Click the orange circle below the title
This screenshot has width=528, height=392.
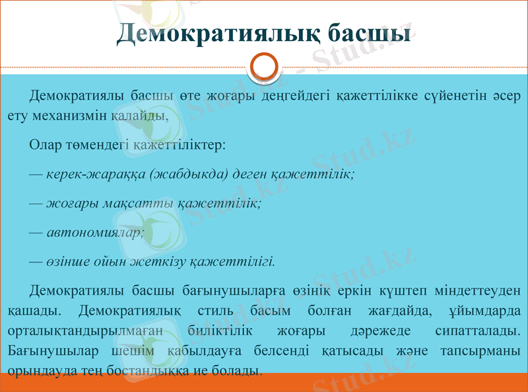264,67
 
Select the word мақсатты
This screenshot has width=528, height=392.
138,203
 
